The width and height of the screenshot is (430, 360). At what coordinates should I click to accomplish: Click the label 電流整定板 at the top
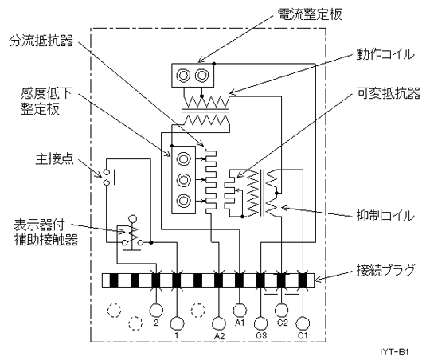point(310,14)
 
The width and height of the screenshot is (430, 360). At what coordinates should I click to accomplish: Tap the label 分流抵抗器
point(41,41)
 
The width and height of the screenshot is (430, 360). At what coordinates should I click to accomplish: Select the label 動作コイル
point(385,54)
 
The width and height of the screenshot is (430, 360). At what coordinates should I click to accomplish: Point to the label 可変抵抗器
point(389,93)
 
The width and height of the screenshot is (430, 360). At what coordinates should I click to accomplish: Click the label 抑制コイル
point(385,215)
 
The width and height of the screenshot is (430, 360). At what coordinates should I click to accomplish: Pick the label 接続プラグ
point(385,270)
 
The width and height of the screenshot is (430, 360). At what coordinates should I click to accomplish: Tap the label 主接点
point(55,158)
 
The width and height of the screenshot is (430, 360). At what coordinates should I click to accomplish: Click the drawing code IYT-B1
point(394,352)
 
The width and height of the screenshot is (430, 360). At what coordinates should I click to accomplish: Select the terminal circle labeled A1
point(240,311)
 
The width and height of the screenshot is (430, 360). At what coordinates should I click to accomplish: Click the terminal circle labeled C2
point(281,311)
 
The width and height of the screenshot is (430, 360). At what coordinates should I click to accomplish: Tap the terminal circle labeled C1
point(303,323)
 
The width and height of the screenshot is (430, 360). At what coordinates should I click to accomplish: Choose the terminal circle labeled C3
point(261,323)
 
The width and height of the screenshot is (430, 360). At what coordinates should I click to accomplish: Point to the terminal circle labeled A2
point(219,323)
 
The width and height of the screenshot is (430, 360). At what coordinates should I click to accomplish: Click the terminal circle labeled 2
point(156,311)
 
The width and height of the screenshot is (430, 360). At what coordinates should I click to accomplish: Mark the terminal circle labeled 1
point(177,323)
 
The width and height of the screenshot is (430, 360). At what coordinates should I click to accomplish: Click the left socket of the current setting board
point(183,75)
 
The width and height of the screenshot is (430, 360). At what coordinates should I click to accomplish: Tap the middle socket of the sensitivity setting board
point(183,180)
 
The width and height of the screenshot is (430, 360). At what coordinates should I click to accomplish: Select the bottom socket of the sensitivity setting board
point(183,201)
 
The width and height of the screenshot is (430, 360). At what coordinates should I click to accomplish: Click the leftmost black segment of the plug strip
point(114,280)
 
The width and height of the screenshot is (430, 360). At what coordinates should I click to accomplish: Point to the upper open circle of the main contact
point(107,173)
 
